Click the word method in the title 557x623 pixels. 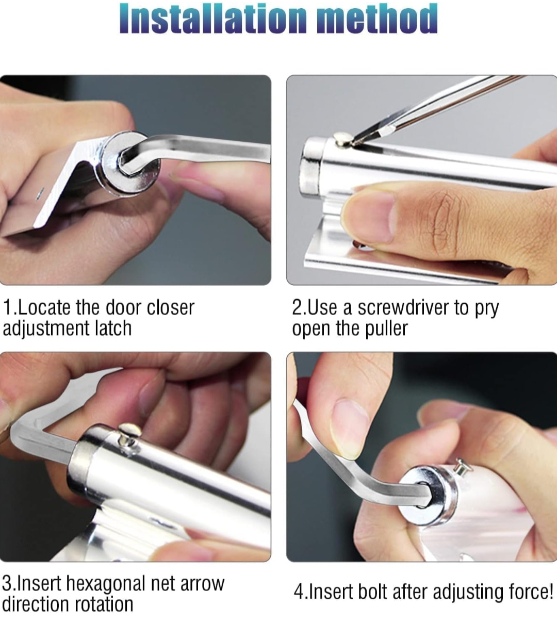point(377,19)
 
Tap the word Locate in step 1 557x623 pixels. point(44,308)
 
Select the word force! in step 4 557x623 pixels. point(531,592)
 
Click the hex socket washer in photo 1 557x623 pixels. point(130,164)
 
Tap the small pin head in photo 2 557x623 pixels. point(341,138)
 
